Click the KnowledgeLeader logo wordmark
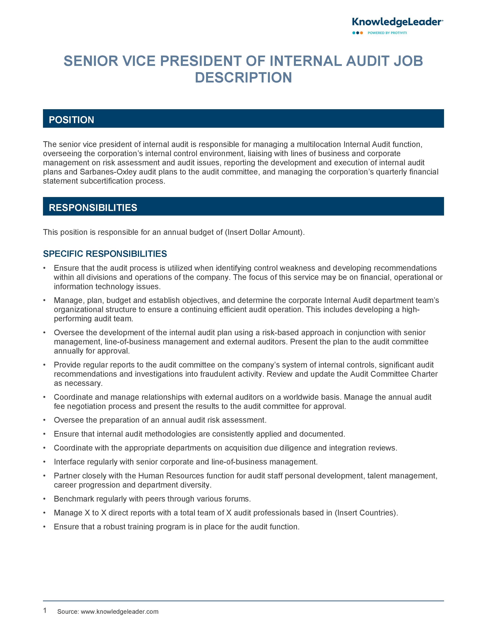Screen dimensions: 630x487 (397, 22)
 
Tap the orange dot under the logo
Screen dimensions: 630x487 (362, 33)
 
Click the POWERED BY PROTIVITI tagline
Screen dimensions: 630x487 (387, 33)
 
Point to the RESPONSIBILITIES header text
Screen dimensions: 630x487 (93, 208)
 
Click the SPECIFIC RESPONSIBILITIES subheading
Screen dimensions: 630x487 (105, 254)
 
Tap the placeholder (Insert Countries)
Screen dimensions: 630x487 (366, 513)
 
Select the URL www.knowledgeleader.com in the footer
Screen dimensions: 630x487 (119, 611)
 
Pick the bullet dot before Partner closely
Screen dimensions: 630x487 (44, 476)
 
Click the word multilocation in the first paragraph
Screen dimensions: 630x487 (319, 144)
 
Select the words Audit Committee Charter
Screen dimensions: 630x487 (394, 374)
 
